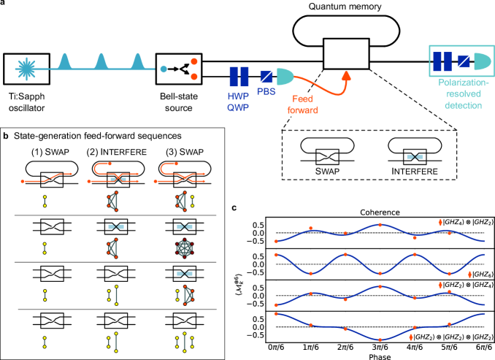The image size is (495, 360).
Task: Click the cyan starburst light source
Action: (x=26, y=69)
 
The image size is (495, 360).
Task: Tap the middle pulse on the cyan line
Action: (x=101, y=63)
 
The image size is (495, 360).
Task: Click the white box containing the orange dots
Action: (x=178, y=69)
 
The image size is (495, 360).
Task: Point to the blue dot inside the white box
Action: (x=164, y=69)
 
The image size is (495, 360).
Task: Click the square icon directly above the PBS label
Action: (x=266, y=76)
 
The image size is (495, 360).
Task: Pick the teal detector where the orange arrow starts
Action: (x=284, y=76)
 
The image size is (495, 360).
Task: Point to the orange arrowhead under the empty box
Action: (x=346, y=75)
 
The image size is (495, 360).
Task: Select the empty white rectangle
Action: (x=346, y=54)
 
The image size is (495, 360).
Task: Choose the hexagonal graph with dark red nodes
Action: (x=185, y=248)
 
